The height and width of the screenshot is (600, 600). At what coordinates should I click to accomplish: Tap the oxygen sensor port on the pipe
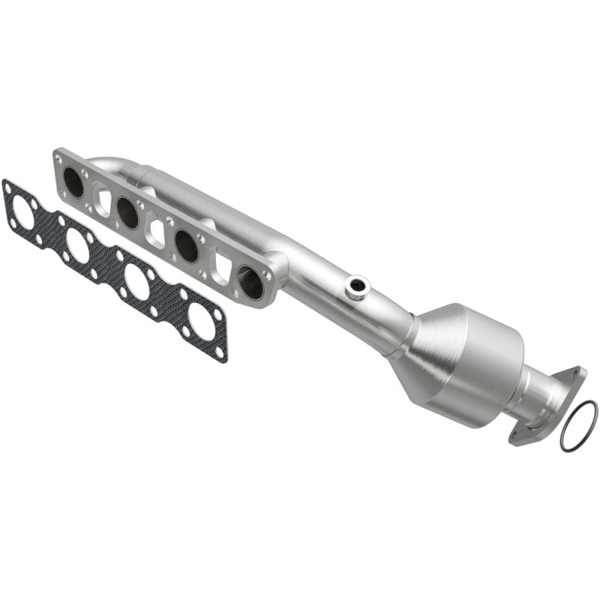(358, 285)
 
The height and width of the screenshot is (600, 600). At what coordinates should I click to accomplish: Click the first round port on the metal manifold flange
(73, 181)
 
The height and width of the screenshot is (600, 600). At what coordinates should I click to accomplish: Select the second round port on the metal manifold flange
(128, 213)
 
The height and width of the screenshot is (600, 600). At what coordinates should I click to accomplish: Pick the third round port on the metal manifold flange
(186, 245)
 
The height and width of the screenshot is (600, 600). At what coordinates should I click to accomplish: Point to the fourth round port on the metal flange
(250, 281)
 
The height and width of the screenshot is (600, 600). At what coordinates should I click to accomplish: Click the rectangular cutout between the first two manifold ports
(102, 201)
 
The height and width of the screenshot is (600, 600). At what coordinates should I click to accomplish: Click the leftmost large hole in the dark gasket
(22, 214)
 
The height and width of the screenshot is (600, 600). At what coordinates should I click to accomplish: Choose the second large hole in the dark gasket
(78, 244)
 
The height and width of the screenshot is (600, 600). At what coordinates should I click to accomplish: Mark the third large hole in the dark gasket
(137, 281)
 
